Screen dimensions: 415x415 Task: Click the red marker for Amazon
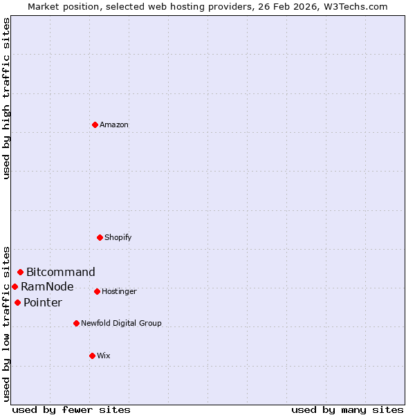tap(95, 124)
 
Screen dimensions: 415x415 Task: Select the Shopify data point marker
tap(100, 237)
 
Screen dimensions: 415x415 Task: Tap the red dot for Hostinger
tap(97, 291)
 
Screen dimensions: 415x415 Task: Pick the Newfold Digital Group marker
tap(76, 323)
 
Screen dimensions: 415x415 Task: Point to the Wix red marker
tap(92, 356)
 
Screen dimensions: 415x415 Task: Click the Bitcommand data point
tap(20, 272)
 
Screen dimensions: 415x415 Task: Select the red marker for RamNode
tap(15, 286)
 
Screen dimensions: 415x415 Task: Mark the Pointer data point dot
tap(17, 302)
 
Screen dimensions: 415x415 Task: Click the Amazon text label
tap(114, 124)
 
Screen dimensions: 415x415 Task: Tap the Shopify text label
tap(118, 237)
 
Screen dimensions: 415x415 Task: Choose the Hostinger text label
tap(119, 291)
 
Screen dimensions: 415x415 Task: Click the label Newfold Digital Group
tap(121, 323)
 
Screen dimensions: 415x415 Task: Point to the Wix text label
tap(104, 356)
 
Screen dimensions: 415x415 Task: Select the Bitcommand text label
tap(61, 272)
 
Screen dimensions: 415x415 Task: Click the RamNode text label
tap(47, 286)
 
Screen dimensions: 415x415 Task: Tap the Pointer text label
tap(43, 302)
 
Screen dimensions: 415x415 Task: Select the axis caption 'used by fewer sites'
tap(71, 409)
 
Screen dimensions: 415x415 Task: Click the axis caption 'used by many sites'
tap(347, 409)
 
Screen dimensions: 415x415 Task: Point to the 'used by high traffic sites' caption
tap(6, 98)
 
